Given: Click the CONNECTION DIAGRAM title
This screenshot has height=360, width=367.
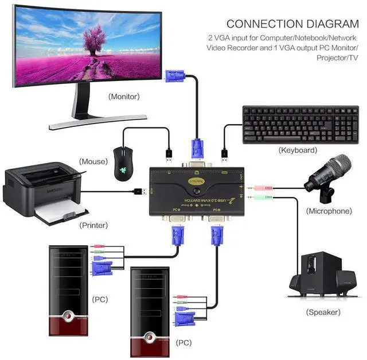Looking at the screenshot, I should tap(292, 24).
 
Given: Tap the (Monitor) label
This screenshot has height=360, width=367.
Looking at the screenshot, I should tap(123, 96).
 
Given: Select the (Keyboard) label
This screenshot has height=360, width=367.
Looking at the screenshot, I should tap(298, 150).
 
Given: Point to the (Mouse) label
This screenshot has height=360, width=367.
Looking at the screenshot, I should tap(93, 161).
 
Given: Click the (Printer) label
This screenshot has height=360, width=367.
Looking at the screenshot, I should tap(93, 225).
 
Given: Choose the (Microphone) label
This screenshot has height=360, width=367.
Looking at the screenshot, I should tap(329, 211).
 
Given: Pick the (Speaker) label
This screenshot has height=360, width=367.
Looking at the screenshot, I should tap(323, 312).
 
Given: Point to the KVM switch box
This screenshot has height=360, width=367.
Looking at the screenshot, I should tap(197, 189).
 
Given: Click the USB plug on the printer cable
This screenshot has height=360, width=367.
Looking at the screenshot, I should tap(141, 191).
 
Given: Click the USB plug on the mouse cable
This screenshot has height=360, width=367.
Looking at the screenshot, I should tap(169, 153).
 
